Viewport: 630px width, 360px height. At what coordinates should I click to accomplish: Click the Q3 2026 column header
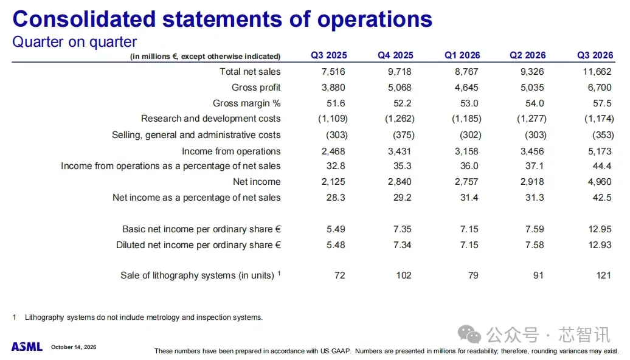tap(595, 55)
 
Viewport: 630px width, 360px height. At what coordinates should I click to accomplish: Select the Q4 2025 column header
tap(395, 55)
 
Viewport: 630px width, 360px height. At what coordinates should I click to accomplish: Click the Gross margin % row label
tap(247, 103)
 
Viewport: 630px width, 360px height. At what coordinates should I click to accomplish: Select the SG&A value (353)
tap(603, 135)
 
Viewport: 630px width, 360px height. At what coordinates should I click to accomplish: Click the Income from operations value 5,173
tap(600, 151)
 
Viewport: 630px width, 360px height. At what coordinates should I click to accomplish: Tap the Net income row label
tap(257, 182)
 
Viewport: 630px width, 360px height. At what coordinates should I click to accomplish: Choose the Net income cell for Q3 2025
tap(333, 182)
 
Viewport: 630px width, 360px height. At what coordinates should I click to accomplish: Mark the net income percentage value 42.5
tap(602, 197)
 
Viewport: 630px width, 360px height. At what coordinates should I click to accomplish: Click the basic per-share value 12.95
tap(600, 229)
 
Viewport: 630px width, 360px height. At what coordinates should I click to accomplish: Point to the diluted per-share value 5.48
tap(336, 244)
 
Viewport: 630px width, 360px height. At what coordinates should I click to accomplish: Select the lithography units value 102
tap(403, 275)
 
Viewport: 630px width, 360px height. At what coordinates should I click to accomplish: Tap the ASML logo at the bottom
tap(27, 347)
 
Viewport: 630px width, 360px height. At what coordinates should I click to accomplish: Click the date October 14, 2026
tap(74, 347)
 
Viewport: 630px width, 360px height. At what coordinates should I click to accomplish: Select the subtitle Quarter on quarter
tap(75, 42)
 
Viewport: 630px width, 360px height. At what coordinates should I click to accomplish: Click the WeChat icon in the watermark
tap(469, 334)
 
